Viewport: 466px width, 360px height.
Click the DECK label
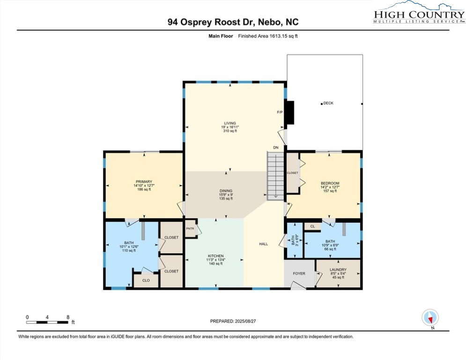pos(328,103)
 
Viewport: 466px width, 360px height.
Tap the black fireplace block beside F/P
pos(289,112)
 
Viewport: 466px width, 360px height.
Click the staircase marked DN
pos(275,175)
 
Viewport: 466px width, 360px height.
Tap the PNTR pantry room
pos(191,228)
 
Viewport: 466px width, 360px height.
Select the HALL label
pos(263,244)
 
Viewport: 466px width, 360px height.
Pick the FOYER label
pos(299,273)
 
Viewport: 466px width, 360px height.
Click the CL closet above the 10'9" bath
pos(312,226)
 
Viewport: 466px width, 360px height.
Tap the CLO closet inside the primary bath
pos(146,280)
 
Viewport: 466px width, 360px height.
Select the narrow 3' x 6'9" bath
pos(295,240)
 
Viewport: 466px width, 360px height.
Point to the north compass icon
pos(430,317)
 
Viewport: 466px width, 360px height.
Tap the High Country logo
pos(419,13)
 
